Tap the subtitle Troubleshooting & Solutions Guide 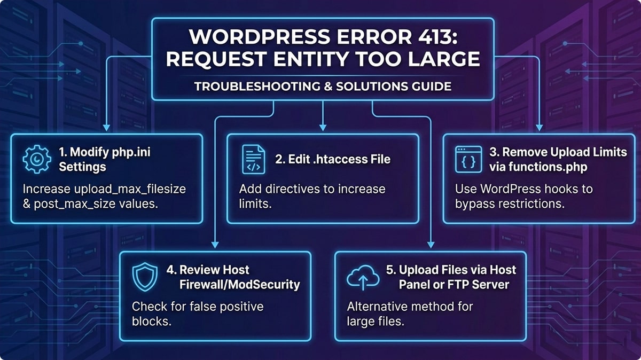[x=323, y=85]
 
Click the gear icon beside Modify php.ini [x=37, y=159]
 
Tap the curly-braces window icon [x=465, y=159]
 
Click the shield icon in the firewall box [x=145, y=277]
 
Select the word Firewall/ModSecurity [x=239, y=284]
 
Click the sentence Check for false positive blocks [x=198, y=314]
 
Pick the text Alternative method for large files [x=410, y=314]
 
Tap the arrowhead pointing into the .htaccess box [x=322, y=128]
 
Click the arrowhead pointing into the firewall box [x=214, y=245]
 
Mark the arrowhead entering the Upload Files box [x=430, y=245]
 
